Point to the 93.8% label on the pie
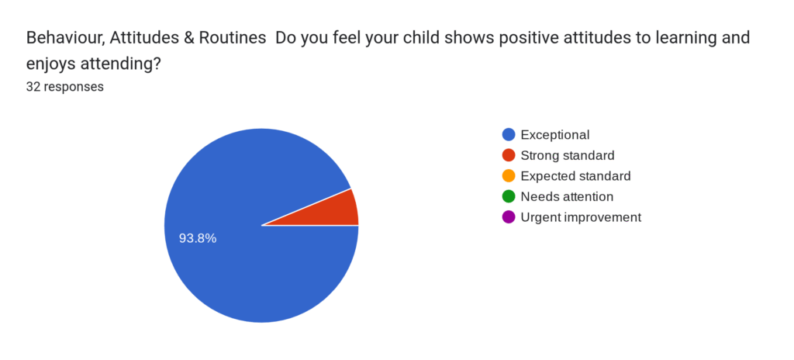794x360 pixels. [198, 238]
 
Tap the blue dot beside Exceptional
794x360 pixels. [509, 134]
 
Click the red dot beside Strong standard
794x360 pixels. [509, 155]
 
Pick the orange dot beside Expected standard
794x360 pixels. [509, 176]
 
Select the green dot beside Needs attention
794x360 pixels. [509, 196]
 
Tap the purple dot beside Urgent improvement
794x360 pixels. [509, 217]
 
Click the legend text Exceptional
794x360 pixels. [555, 134]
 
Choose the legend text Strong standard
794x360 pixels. [568, 155]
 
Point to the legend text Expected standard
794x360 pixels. [575, 176]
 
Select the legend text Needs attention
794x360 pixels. [567, 196]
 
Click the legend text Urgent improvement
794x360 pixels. [581, 217]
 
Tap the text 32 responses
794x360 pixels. [65, 87]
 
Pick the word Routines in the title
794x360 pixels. [222, 38]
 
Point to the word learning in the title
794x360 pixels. [665, 38]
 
